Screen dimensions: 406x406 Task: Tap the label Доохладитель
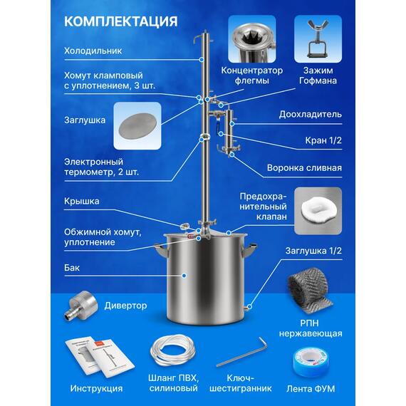point(311,113)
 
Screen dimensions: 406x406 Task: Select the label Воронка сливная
point(304,169)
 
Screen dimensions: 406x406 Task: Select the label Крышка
point(82,201)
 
